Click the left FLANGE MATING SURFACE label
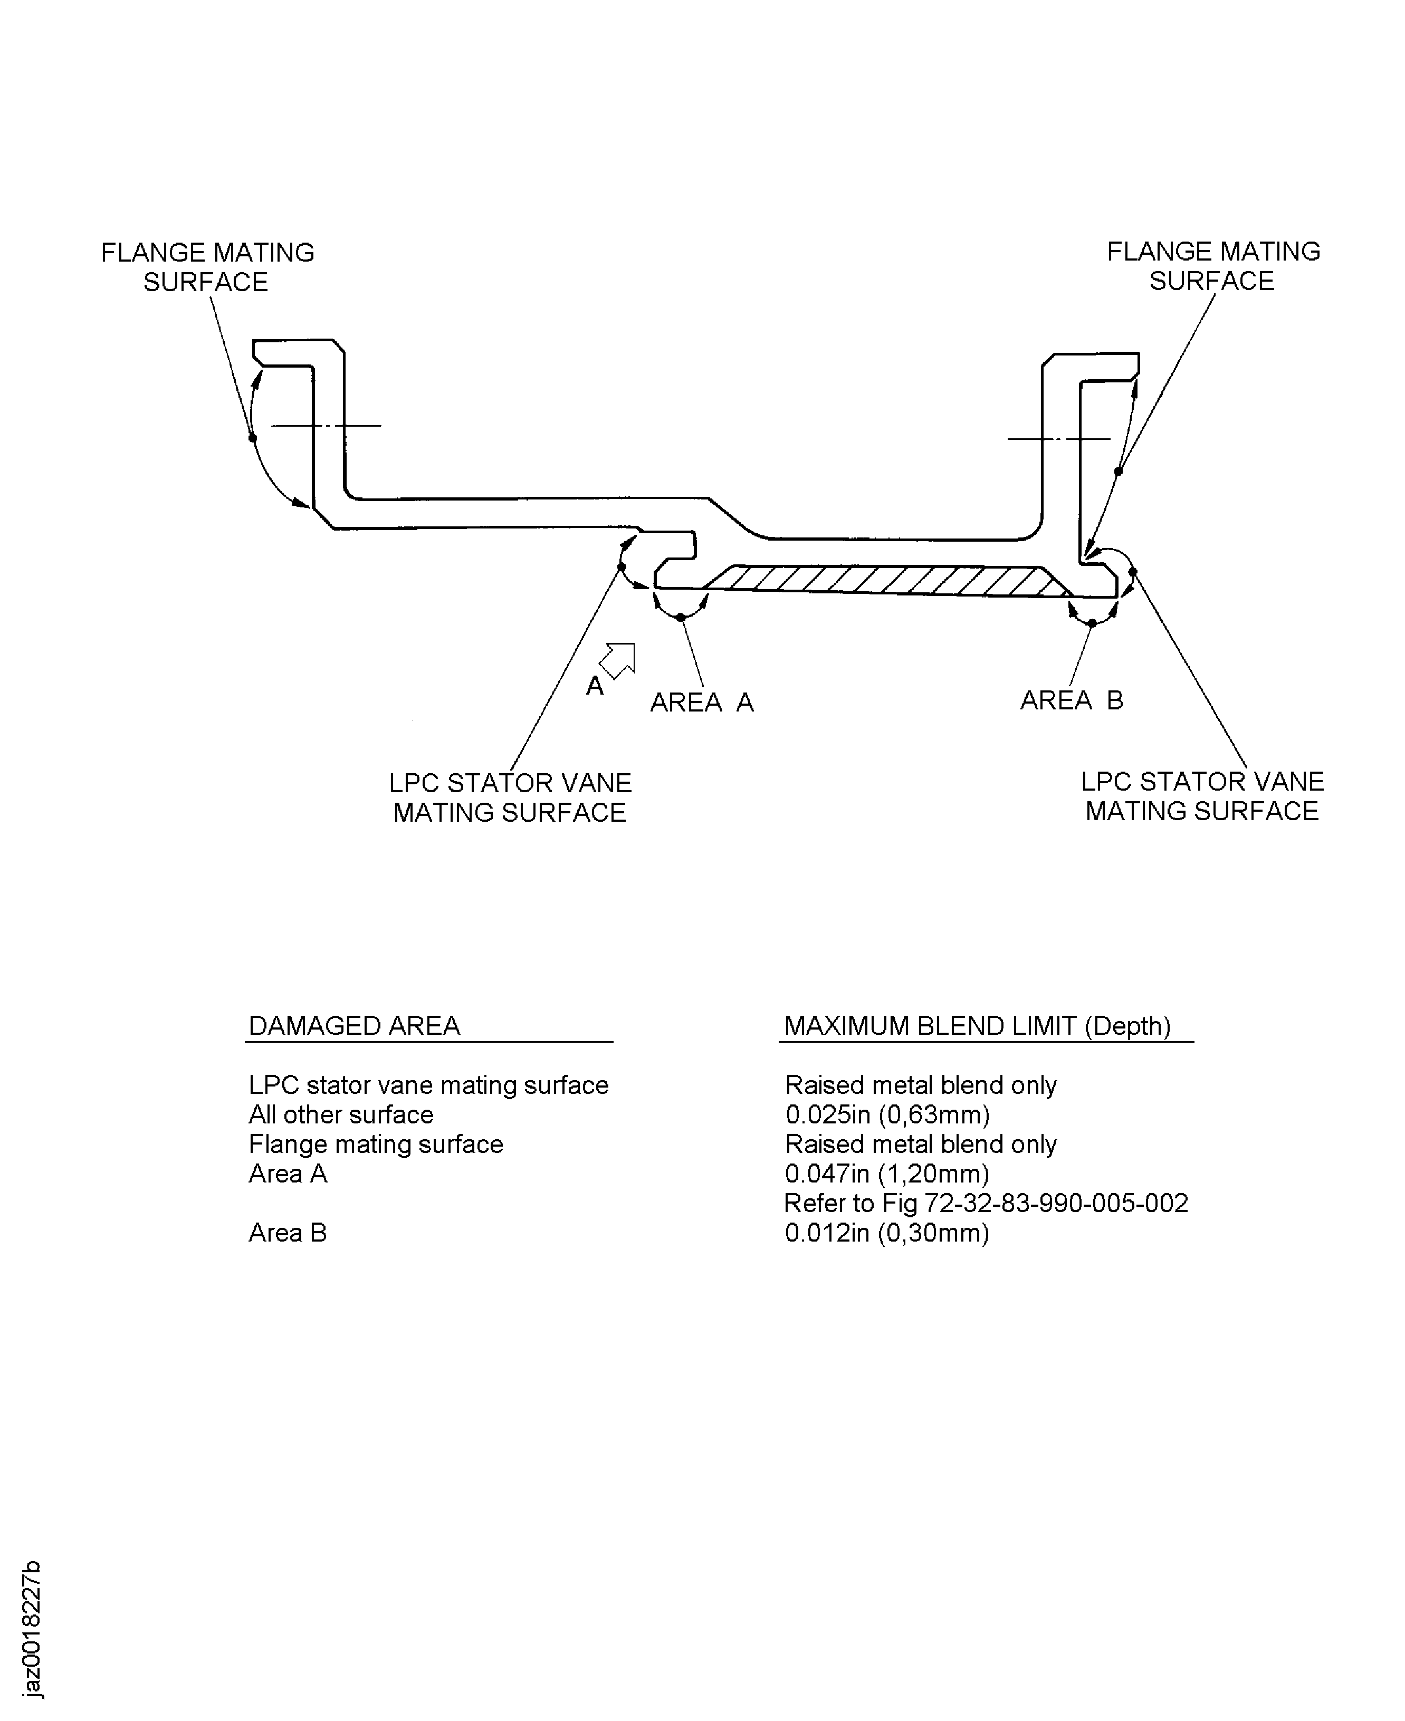[x=207, y=267]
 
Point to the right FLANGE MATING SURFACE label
[x=1213, y=266]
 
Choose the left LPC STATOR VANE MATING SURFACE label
[x=510, y=798]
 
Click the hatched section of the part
[x=882, y=580]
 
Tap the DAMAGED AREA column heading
[x=355, y=1026]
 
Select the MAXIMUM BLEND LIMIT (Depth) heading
[x=978, y=1026]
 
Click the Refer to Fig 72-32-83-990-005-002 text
[x=986, y=1203]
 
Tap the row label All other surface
[x=341, y=1115]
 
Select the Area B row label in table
[x=288, y=1233]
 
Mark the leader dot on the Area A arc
[x=681, y=618]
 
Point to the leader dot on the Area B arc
[x=1092, y=623]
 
